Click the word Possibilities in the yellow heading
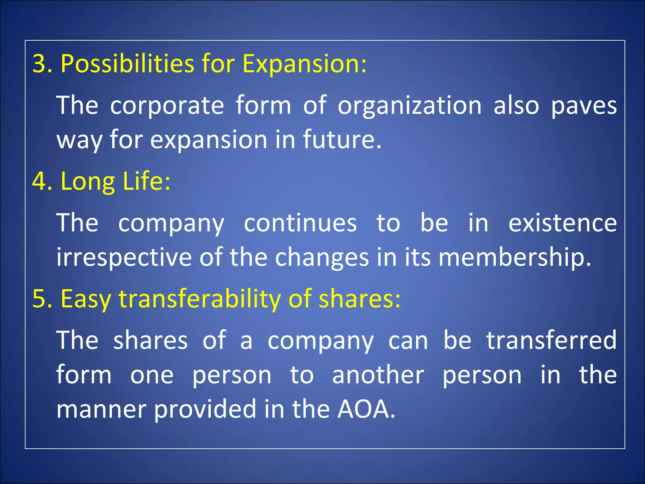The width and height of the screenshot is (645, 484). (127, 64)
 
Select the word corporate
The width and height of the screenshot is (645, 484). (167, 106)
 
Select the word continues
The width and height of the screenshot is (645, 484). (300, 223)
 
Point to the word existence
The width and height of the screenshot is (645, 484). (562, 223)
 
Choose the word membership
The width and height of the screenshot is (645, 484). (515, 258)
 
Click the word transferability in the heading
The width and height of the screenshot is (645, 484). (199, 299)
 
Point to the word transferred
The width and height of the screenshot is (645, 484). (551, 341)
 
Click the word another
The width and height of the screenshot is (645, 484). (378, 375)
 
